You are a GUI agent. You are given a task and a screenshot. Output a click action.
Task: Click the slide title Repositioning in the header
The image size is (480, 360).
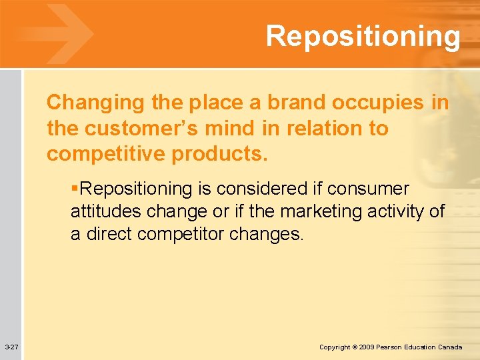click(x=363, y=36)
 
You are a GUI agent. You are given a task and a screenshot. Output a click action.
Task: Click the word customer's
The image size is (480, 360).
click(x=148, y=128)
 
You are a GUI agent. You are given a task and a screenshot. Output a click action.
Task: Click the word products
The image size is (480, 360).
click(x=219, y=153)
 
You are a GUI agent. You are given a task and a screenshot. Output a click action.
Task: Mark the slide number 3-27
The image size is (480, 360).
click(x=11, y=347)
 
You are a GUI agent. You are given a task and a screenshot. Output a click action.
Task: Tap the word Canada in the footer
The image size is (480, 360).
click(x=451, y=347)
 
